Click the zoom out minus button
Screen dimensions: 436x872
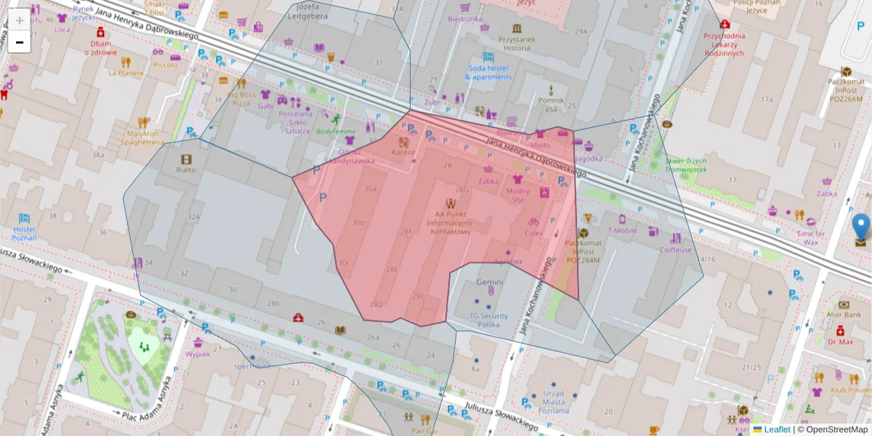[20, 42]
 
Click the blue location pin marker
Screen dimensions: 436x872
[862, 226]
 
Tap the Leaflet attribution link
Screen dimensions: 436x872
[777, 429]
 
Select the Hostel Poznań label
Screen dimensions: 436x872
[25, 233]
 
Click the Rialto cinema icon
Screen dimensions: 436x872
[187, 159]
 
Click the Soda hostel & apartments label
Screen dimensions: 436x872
[489, 73]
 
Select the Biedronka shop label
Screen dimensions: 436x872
[465, 19]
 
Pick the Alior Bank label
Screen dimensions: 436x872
[844, 315]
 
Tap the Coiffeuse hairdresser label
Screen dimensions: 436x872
[676, 249]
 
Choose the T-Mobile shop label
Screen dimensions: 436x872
[622, 230]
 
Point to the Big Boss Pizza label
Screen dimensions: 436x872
[241, 99]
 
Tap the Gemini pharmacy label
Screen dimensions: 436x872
[490, 282]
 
